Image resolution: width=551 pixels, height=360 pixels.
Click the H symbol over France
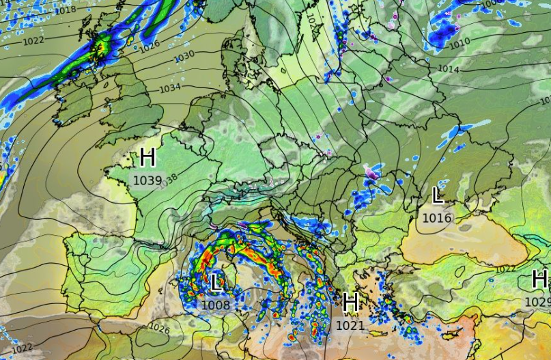(147, 158)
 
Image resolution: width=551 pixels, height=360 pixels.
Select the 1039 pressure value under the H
(147, 180)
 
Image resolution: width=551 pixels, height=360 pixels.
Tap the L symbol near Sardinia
(216, 281)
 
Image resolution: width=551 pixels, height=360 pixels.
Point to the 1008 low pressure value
(216, 305)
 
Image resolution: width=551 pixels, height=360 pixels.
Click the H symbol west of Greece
(351, 302)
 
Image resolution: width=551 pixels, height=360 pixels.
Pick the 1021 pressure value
(350, 326)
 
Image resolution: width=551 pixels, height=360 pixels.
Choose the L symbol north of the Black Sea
(438, 196)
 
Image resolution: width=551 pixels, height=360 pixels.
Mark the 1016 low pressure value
(437, 218)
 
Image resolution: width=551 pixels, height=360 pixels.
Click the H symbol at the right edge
(539, 279)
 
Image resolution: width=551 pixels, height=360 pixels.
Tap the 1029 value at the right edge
(538, 301)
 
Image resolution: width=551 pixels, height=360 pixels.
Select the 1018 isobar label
(65, 10)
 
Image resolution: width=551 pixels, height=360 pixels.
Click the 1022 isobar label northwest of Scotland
(34, 40)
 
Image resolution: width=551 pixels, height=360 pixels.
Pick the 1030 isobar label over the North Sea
(184, 55)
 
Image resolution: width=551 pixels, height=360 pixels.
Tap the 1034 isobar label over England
(170, 88)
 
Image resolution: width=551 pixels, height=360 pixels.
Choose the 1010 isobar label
(459, 43)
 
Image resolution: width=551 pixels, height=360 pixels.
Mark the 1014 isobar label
(448, 69)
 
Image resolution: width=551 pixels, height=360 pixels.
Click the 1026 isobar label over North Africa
(158, 329)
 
